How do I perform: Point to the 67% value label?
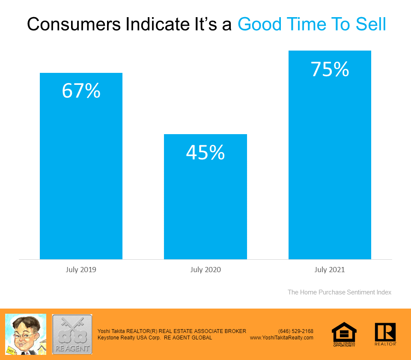click(x=81, y=91)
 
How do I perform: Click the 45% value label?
click(x=205, y=153)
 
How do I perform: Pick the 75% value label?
click(x=330, y=69)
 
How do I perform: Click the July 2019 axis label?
click(x=81, y=270)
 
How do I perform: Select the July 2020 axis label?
click(x=205, y=270)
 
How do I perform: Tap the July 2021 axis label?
click(x=330, y=270)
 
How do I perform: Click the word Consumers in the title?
click(x=73, y=25)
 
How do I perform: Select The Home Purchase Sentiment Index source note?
click(x=340, y=292)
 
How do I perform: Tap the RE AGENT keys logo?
click(x=72, y=334)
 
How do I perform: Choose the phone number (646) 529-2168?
click(x=296, y=331)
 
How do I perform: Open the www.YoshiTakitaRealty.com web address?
click(x=282, y=338)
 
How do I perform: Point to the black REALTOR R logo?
click(x=385, y=333)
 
